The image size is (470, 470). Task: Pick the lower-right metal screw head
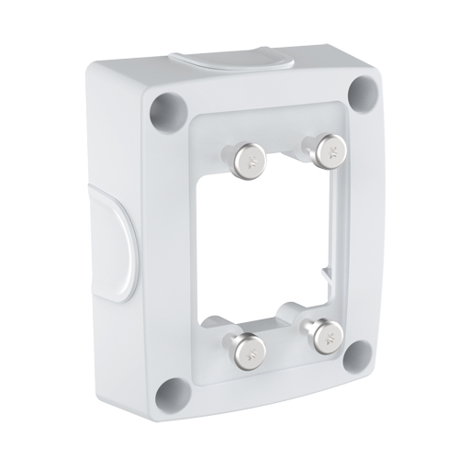323,336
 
